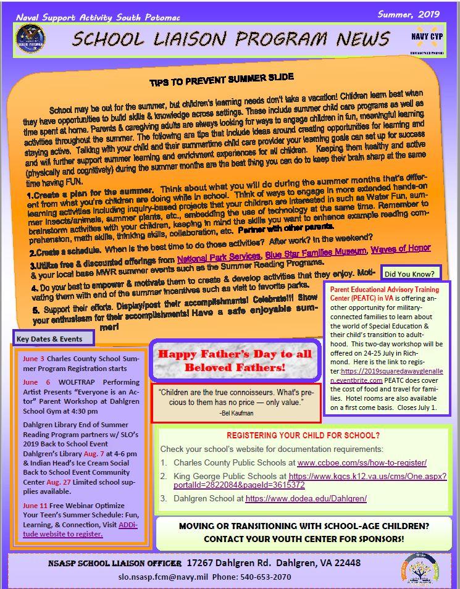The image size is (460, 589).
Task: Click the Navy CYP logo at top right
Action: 426,39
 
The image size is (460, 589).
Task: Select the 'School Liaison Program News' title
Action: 231,39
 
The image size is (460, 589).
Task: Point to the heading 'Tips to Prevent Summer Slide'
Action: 221,80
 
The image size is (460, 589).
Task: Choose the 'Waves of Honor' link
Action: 401,248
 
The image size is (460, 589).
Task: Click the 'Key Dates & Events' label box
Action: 54,338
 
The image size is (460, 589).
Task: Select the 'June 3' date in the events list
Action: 33,358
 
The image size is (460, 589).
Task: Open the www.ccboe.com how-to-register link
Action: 362,462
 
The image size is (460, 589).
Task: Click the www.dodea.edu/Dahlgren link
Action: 306,498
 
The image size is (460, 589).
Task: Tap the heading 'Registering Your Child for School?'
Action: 303,435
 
